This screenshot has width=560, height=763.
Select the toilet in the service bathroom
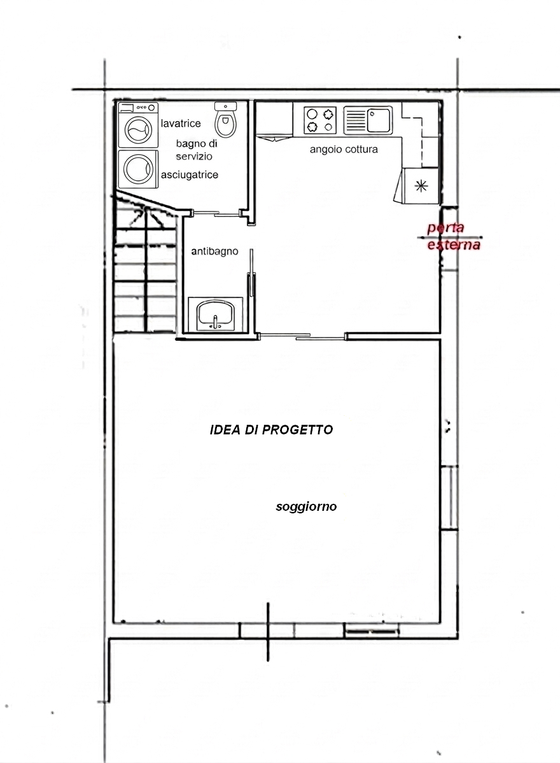tap(225, 120)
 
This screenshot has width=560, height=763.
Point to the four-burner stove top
tap(320, 120)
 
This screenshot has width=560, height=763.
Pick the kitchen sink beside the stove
tap(368, 120)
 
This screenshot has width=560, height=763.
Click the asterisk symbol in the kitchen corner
tap(421, 185)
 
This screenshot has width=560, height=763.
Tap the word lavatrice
tap(181, 124)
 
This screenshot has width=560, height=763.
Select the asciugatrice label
tap(190, 175)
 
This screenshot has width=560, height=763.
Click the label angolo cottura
tap(344, 150)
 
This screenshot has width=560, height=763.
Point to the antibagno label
tap(214, 251)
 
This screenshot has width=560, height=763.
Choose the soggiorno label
tap(306, 507)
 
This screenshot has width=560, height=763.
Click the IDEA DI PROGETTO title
tap(271, 430)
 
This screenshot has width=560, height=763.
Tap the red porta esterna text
tap(453, 236)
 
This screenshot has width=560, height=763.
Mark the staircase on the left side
tap(146, 265)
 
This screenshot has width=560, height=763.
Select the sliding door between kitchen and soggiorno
tap(302, 335)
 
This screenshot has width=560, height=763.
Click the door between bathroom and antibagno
tap(217, 212)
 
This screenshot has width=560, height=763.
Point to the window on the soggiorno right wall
tap(450, 497)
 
